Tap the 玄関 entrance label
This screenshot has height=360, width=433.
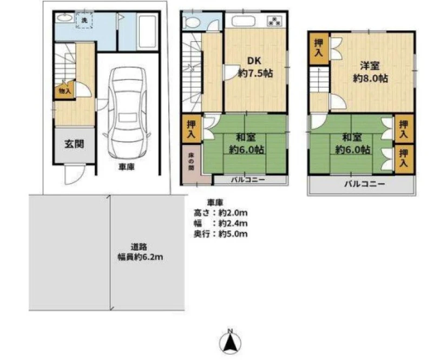(x=74, y=144)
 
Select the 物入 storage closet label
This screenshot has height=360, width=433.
(x=65, y=90)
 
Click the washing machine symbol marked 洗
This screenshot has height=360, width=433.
(x=84, y=20)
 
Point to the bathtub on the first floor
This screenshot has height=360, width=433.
(x=147, y=32)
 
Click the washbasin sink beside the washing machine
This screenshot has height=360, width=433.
(x=64, y=18)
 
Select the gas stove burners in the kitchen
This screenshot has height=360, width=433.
(x=274, y=21)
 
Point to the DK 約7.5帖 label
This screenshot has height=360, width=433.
(x=255, y=67)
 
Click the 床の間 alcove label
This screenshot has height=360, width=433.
(x=191, y=161)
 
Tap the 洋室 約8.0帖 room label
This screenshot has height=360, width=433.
(x=370, y=72)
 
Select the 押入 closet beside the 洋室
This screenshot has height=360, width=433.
(x=319, y=48)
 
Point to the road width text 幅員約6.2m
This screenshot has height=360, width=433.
(x=140, y=257)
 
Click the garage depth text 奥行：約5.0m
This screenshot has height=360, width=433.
(x=220, y=234)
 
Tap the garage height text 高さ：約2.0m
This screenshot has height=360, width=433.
(x=220, y=213)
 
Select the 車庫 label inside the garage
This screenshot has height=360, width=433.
(x=127, y=167)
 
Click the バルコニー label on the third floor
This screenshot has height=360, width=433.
(x=364, y=184)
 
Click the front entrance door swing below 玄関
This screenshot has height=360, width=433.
(x=75, y=174)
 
